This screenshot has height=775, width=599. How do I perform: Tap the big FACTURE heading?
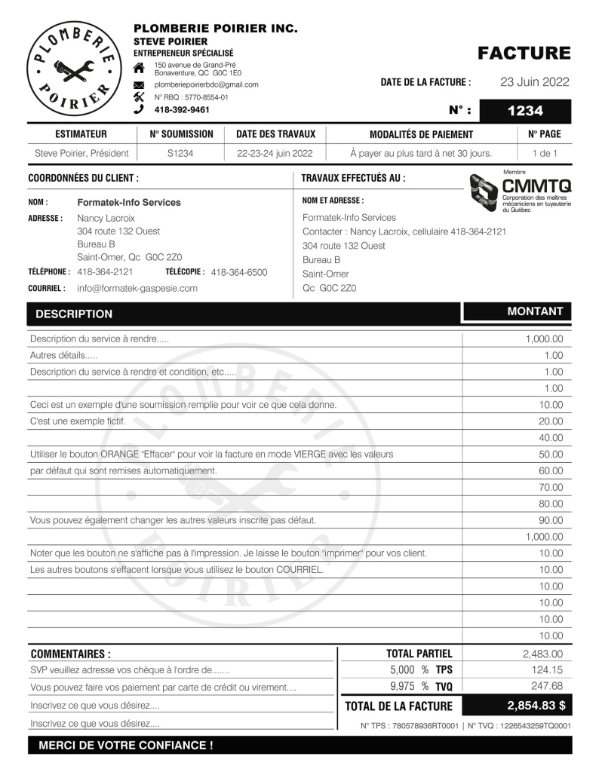coord(524,54)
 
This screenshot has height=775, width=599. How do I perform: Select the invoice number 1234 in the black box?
coord(525,111)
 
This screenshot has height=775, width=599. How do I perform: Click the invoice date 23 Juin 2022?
coord(534,82)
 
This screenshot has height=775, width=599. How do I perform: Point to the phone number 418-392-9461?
coord(182,109)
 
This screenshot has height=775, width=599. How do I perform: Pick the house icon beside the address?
coord(138,70)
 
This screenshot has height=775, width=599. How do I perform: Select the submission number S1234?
coord(181,153)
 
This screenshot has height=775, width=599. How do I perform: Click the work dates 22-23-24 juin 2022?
coord(275,153)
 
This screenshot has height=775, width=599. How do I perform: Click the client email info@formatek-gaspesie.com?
coord(137,288)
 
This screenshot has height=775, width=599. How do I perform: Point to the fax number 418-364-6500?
coord(239,272)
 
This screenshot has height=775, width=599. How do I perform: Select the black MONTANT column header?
coord(535,311)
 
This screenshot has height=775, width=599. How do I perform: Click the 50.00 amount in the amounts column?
coord(551,455)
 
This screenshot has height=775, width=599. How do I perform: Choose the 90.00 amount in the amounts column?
coord(551,520)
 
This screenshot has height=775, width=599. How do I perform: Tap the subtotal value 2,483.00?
coord(542,654)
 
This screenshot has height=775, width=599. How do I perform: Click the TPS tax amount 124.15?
coord(548,670)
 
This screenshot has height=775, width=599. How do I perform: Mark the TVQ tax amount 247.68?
coord(547,686)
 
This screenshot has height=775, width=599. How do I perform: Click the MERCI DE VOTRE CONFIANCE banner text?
coord(125,745)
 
